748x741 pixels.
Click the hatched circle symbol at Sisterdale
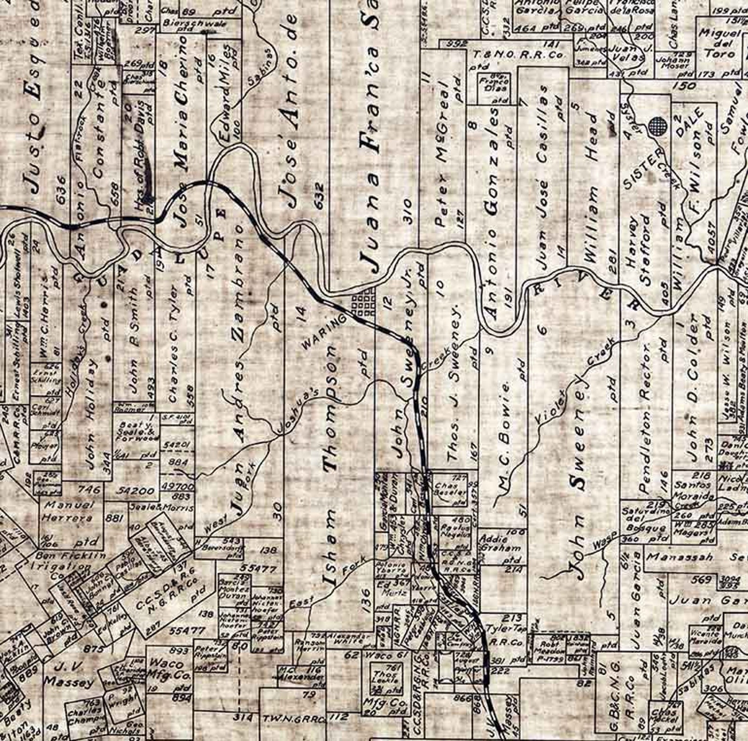pyautogui.click(x=657, y=126)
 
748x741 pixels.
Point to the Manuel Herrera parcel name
pyautogui.click(x=68, y=512)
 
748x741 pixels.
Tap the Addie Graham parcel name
pyautogui.click(x=501, y=543)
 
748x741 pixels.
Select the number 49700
pyautogui.click(x=177, y=486)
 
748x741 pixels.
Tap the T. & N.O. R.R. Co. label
pyautogui.click(x=518, y=55)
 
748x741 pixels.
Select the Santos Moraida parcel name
pyautogui.click(x=695, y=491)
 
